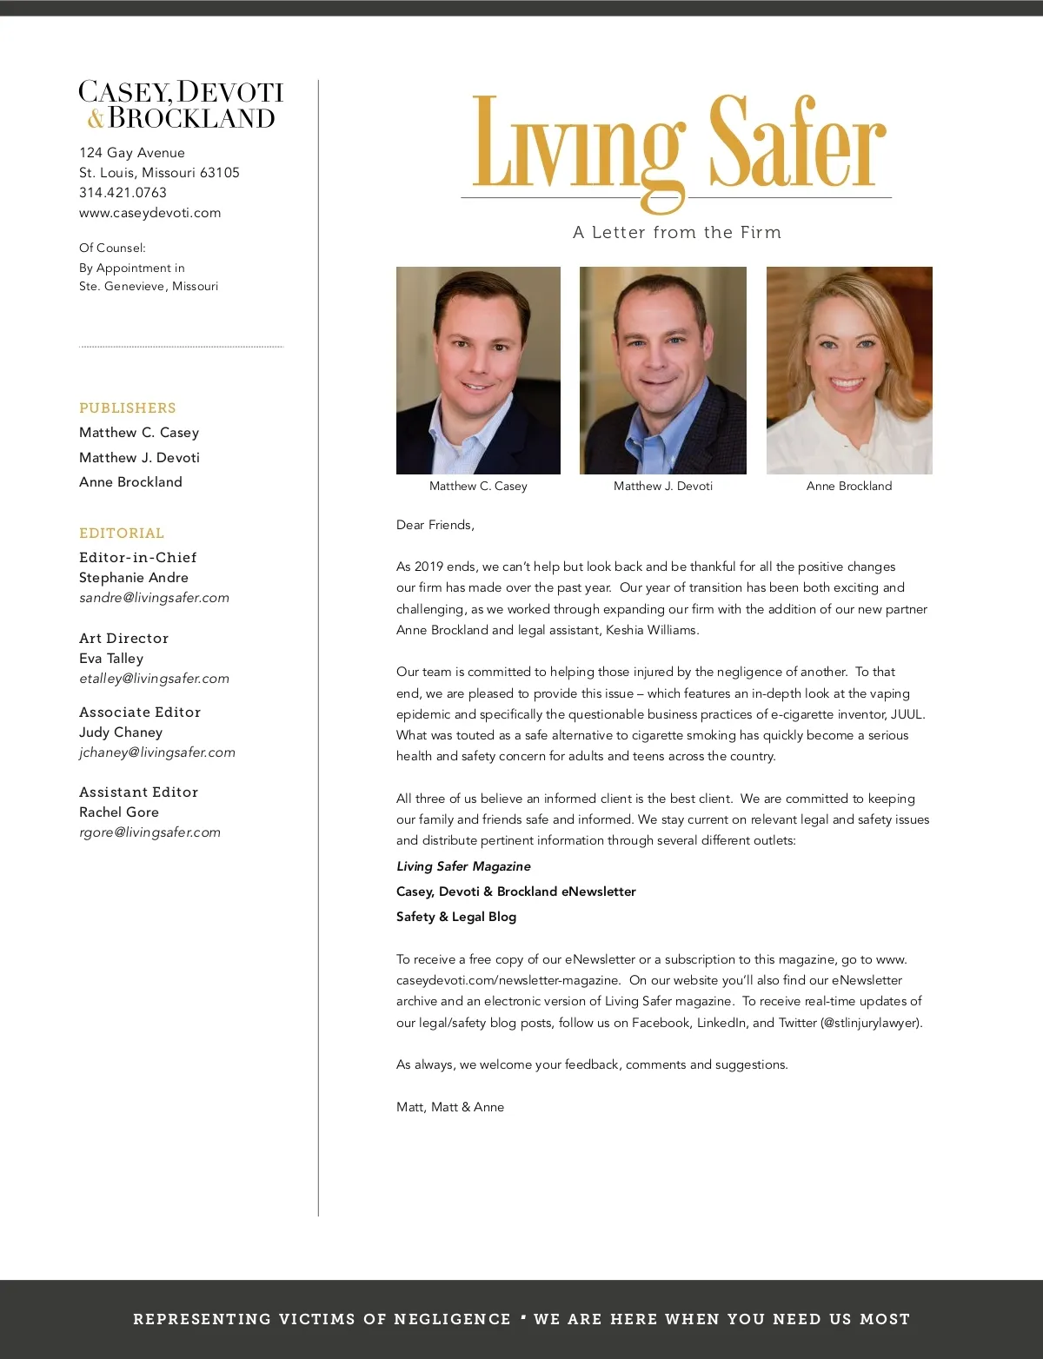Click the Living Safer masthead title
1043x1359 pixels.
click(678, 143)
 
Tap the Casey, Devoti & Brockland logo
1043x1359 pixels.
click(181, 105)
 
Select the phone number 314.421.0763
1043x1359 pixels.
click(123, 193)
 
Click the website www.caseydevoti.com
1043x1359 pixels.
click(149, 213)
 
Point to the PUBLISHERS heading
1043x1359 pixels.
click(128, 408)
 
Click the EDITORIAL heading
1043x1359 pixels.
click(122, 534)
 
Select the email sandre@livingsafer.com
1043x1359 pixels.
click(154, 598)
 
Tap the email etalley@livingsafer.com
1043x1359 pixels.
click(154, 679)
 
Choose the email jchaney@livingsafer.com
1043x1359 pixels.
click(157, 752)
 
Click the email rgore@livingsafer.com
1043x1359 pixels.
click(149, 832)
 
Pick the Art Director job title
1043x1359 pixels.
click(123, 639)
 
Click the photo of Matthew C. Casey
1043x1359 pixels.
click(478, 370)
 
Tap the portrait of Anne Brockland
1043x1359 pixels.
click(849, 370)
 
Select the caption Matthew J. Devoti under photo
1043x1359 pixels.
click(663, 487)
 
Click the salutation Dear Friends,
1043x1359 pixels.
click(435, 525)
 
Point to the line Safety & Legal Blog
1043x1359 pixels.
click(456, 917)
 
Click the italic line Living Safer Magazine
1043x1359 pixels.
click(463, 866)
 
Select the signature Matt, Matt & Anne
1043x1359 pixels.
click(450, 1107)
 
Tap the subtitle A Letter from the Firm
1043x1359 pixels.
click(677, 233)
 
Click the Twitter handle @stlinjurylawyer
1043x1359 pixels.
click(872, 1023)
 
